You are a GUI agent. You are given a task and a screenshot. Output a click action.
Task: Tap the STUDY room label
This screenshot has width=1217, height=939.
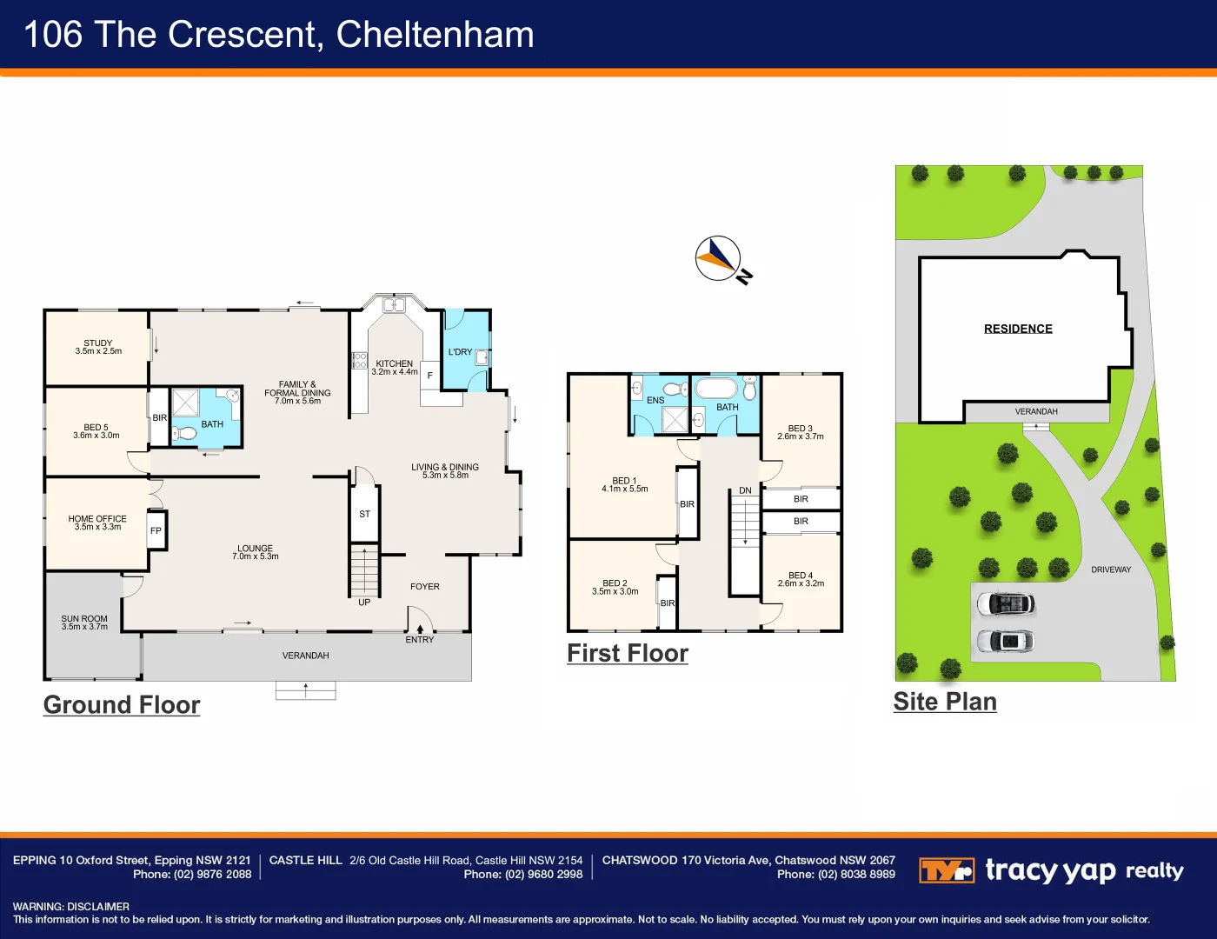coord(98,343)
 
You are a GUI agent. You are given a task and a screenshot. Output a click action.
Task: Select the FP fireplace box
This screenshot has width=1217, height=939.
coord(156,530)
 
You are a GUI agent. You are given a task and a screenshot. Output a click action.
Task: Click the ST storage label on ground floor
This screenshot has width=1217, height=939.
coord(364,514)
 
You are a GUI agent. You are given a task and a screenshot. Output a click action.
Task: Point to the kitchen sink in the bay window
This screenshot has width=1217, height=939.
coord(394,305)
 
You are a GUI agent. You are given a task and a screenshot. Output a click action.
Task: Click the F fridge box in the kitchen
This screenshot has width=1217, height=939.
coord(429,375)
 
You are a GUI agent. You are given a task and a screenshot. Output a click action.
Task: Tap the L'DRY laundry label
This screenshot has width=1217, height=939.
coord(460,352)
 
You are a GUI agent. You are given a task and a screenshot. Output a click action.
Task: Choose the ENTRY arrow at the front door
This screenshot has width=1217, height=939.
coord(420,629)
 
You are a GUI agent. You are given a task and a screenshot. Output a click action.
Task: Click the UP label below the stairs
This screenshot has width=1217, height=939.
coord(364,603)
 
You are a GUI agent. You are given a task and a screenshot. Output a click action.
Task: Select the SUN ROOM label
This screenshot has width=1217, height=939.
coord(84,619)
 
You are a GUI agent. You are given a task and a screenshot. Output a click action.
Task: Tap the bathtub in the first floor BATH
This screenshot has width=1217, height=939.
coord(717,388)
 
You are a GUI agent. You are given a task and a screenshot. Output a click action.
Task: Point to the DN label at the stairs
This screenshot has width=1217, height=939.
coord(745,490)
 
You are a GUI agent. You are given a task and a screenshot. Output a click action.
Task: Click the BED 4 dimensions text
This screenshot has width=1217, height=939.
coord(801,583)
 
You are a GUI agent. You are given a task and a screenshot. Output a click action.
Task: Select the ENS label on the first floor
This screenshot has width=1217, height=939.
coord(655,400)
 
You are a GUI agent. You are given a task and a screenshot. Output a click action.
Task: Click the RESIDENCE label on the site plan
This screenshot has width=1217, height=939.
coord(1018,329)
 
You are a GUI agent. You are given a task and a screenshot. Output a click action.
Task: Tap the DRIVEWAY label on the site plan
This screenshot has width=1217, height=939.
coord(1111,569)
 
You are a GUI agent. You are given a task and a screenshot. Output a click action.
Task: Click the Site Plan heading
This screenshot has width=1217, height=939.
coord(945,702)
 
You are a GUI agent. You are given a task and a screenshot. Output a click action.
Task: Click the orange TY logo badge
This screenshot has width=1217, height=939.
coord(947,870)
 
